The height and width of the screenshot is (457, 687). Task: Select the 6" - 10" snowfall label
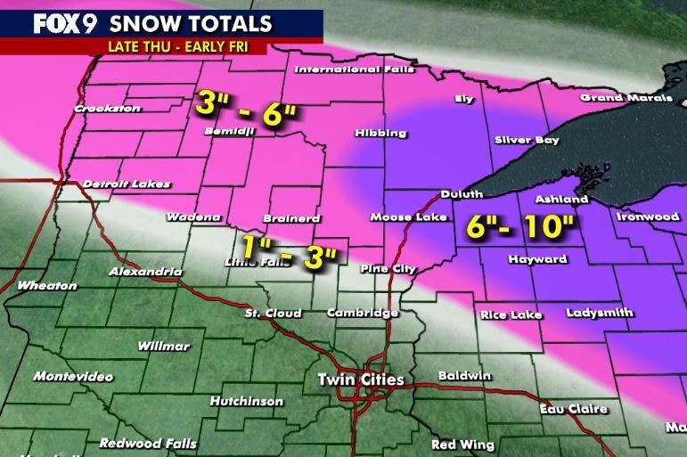[519, 226]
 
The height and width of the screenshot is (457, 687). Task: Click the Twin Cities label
[361, 379]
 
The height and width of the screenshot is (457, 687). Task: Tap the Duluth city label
[460, 193]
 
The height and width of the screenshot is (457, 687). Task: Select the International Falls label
[349, 69]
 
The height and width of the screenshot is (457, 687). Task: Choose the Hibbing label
[380, 133]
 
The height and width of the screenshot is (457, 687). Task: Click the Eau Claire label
[574, 409]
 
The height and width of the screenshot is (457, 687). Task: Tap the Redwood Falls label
[142, 443]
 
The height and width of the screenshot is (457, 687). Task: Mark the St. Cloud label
[273, 313]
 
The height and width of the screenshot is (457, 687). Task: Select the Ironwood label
[648, 216]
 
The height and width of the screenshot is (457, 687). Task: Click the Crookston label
[108, 108]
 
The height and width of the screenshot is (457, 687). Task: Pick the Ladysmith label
[600, 313]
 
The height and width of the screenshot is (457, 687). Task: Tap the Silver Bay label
[527, 140]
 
